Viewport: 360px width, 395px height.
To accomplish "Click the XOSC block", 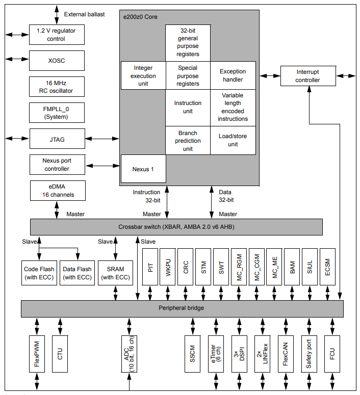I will click(x=57, y=61).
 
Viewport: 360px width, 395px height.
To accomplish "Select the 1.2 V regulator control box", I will click(x=57, y=35).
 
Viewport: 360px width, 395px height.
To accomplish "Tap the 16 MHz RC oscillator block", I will click(x=57, y=87).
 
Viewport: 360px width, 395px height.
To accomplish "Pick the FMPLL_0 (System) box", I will click(x=57, y=113).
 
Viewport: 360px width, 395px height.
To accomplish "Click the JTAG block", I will click(x=57, y=139).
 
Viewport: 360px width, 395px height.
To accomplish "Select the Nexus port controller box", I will click(x=57, y=165).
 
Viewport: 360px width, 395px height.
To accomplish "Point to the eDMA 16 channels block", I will click(x=57, y=191).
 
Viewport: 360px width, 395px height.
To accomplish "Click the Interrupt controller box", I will click(x=307, y=76).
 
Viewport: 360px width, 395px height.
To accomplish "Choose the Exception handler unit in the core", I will click(x=233, y=75).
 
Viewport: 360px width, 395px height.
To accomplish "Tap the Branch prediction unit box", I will click(x=188, y=141).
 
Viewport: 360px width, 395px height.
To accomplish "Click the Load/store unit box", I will click(x=233, y=141).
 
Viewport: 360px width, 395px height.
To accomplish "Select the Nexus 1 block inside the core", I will click(x=143, y=169).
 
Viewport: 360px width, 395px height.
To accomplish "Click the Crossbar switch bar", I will click(x=176, y=227).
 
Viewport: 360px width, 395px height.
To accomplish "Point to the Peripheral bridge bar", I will click(x=182, y=308).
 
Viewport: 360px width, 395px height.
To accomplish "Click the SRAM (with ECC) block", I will click(x=115, y=273).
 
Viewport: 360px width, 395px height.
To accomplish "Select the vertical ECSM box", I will click(x=328, y=267).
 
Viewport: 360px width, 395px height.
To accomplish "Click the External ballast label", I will click(x=85, y=14).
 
